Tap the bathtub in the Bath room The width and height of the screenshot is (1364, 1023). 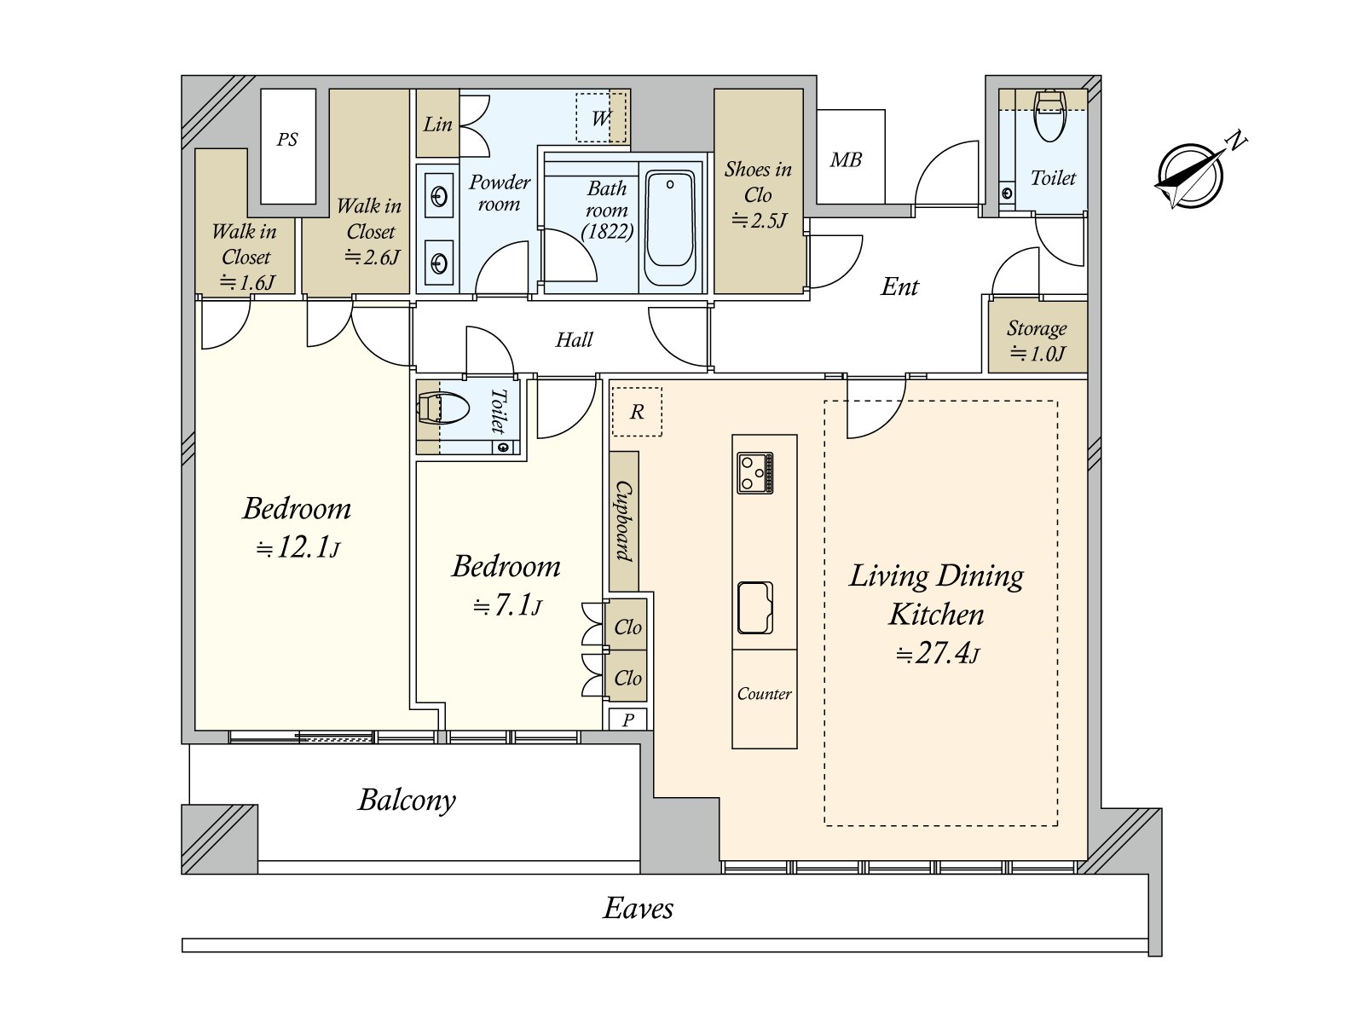point(670,228)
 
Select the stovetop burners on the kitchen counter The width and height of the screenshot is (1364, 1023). point(755,472)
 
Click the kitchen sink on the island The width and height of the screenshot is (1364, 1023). point(755,608)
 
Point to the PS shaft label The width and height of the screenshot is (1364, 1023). point(287,140)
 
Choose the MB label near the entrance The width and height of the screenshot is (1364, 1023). point(846,160)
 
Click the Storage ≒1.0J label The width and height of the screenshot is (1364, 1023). point(1037,340)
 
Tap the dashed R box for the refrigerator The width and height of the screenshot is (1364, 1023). point(637,412)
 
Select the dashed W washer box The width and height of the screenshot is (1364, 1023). point(601,118)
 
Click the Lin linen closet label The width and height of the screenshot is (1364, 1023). point(437,124)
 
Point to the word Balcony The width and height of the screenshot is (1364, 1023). point(407,800)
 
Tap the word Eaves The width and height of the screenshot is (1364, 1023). point(639,909)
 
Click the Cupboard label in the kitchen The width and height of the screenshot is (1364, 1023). point(623,521)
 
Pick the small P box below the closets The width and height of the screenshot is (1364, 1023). point(627,720)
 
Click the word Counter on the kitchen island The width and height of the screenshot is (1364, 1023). point(765,694)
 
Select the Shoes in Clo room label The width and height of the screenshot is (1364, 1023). point(758,194)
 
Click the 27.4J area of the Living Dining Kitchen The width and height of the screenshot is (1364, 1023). point(937,654)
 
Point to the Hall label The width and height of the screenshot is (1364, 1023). point(574,340)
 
